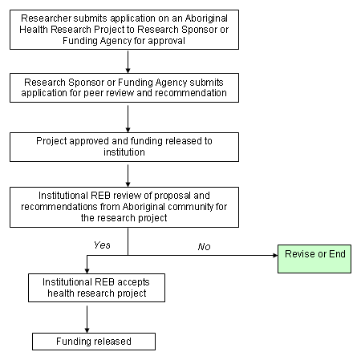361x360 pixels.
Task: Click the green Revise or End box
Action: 314,254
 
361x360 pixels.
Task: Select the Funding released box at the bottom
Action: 94,342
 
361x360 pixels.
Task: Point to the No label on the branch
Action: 205,245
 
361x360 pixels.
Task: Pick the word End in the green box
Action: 335,254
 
